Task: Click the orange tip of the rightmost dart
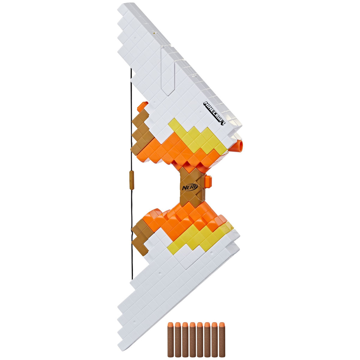tap(222, 325)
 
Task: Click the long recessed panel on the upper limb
tap(168, 72)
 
